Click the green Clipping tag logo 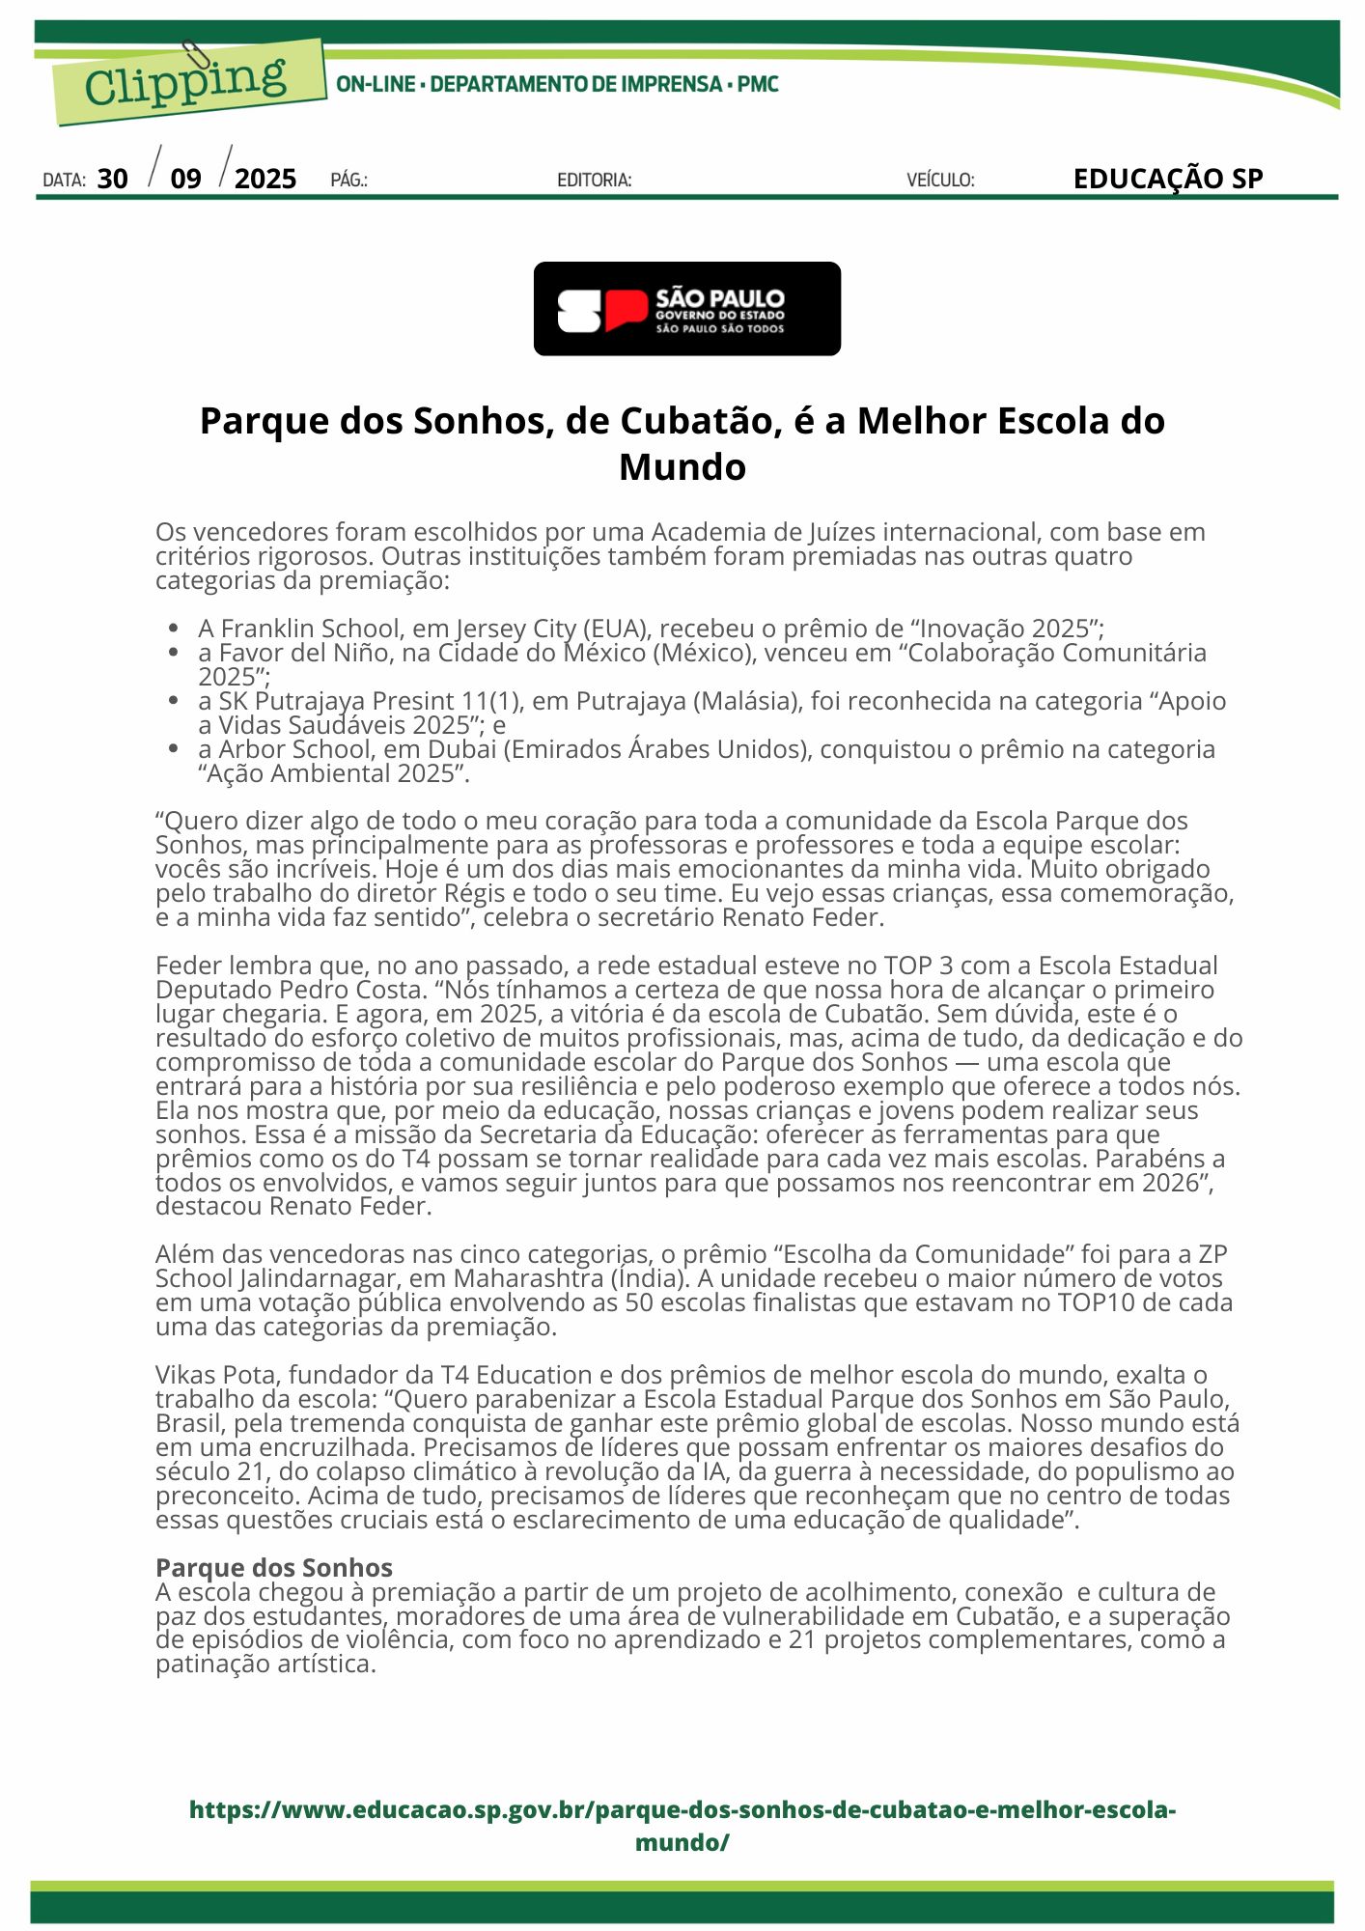(x=188, y=83)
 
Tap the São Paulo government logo (x=686, y=309)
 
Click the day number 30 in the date (x=112, y=179)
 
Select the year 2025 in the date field (x=265, y=179)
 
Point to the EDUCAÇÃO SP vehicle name (x=1167, y=179)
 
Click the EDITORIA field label (x=594, y=181)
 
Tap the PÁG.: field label (x=348, y=181)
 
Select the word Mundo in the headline (x=682, y=467)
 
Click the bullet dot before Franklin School (x=174, y=629)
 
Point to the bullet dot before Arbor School (x=174, y=749)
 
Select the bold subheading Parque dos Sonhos (x=274, y=1567)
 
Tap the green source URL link (x=682, y=1826)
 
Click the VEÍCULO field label (x=940, y=181)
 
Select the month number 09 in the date (x=185, y=179)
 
